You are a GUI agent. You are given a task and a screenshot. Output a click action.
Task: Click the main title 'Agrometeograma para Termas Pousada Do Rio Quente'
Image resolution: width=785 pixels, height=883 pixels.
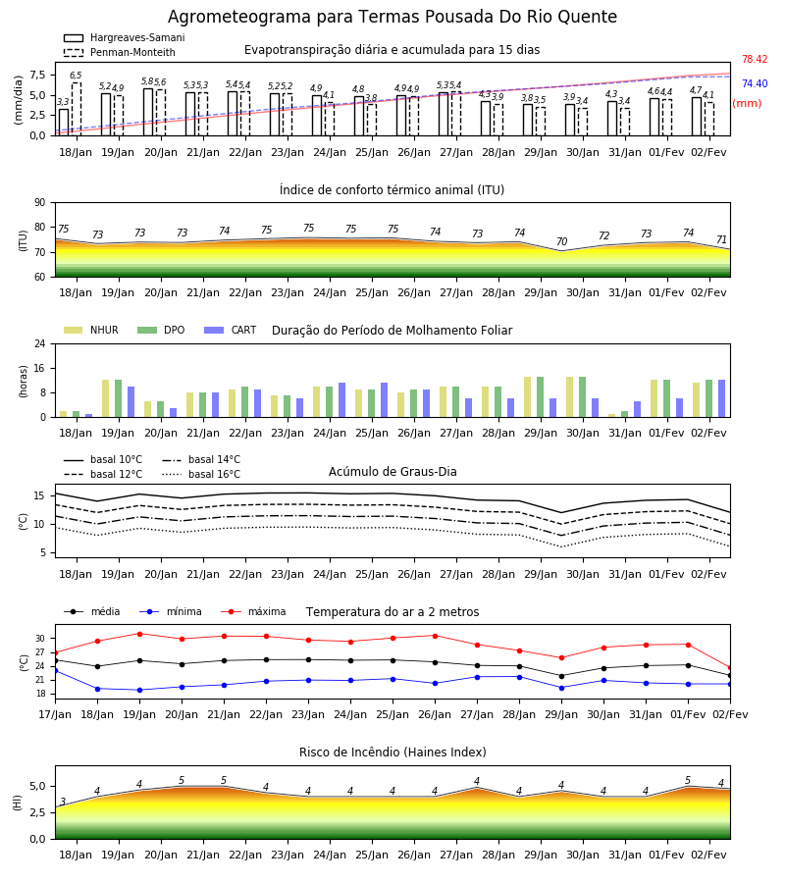click(392, 17)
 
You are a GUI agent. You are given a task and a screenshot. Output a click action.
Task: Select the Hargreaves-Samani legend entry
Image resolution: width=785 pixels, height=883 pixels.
click(124, 37)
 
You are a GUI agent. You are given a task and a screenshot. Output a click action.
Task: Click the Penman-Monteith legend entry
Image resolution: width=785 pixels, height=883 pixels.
click(120, 52)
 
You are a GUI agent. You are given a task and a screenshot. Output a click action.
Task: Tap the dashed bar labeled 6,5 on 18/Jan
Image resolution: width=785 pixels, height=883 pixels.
click(76, 109)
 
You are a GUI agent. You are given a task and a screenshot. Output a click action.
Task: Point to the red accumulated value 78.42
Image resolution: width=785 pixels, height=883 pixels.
click(755, 59)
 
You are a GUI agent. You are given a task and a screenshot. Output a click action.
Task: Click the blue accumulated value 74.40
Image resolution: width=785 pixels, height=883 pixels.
click(755, 83)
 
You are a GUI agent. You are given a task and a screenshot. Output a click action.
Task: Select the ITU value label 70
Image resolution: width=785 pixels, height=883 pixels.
click(561, 241)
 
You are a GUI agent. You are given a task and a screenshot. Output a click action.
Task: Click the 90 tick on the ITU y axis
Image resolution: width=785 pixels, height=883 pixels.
click(40, 203)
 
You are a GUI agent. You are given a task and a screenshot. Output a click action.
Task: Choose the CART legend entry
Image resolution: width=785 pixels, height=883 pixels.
click(230, 330)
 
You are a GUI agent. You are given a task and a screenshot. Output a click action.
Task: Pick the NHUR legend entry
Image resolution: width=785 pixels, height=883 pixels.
click(91, 330)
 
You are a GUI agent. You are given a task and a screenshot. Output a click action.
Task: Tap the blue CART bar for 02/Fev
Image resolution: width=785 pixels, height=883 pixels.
click(721, 398)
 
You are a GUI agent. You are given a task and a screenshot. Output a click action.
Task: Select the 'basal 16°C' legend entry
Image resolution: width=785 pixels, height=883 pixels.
click(201, 474)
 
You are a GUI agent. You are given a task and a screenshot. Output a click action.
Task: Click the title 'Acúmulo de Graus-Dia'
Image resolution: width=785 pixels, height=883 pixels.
click(392, 472)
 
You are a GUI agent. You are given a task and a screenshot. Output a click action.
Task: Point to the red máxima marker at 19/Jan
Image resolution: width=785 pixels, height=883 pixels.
click(139, 634)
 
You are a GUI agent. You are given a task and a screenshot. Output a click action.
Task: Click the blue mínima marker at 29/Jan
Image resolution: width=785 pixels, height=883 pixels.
click(561, 688)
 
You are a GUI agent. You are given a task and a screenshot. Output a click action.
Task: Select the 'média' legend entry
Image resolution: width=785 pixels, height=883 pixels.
click(92, 611)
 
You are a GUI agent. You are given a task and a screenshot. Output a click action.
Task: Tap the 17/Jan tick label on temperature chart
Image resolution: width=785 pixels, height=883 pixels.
click(55, 714)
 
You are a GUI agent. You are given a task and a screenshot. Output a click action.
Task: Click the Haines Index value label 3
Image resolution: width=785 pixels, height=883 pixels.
click(63, 802)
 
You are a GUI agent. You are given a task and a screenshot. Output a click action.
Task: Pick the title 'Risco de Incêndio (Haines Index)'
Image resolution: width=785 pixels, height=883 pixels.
click(392, 753)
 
